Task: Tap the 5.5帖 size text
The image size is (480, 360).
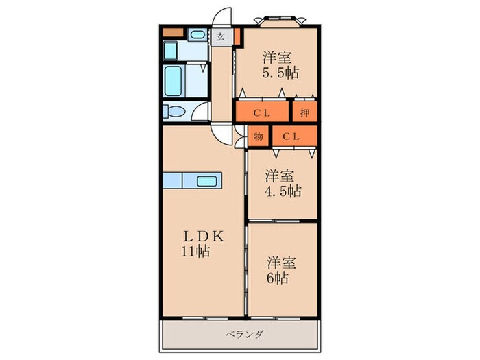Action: (283, 72)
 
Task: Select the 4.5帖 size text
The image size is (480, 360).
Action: (283, 191)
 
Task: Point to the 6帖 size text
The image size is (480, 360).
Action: (278, 278)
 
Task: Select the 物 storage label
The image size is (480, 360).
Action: (258, 136)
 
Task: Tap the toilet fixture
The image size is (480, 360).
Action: (176, 112)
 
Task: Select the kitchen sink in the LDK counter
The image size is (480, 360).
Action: (207, 181)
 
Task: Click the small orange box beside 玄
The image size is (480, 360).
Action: (237, 36)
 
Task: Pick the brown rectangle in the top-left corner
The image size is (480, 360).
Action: (172, 32)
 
